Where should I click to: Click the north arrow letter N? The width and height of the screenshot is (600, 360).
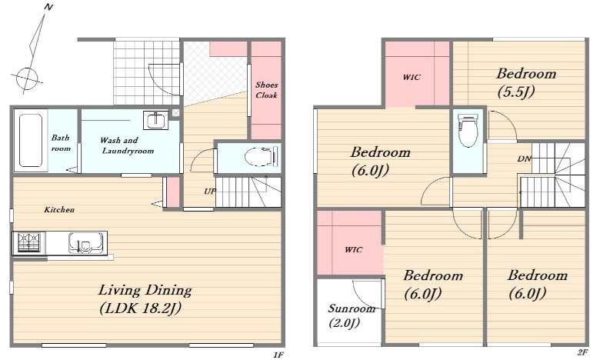click(x=48, y=7)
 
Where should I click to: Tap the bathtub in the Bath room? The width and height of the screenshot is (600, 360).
click(x=31, y=140)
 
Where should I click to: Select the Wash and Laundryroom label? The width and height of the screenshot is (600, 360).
click(x=128, y=145)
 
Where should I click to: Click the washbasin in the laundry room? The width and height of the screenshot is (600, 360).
click(x=155, y=120)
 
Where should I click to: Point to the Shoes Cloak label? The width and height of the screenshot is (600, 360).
click(x=266, y=90)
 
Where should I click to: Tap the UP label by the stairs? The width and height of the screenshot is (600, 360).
click(x=210, y=191)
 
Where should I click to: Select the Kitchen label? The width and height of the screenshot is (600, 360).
click(x=59, y=210)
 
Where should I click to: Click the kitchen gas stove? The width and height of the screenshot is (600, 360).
click(x=28, y=243)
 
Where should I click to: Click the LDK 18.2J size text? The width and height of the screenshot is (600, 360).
click(x=141, y=308)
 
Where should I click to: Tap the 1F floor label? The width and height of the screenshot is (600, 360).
click(x=278, y=355)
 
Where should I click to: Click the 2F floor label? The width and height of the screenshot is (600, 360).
click(x=582, y=352)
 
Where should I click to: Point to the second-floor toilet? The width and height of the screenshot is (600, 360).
click(x=468, y=130)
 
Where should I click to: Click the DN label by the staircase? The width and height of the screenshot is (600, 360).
click(x=525, y=158)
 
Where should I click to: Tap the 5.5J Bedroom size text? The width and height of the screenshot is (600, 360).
click(x=516, y=92)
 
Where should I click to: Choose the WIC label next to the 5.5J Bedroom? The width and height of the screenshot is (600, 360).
click(x=412, y=77)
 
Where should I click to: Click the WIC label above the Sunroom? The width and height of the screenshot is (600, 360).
click(x=353, y=250)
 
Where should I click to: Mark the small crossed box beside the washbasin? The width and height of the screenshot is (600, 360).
click(x=175, y=113)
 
